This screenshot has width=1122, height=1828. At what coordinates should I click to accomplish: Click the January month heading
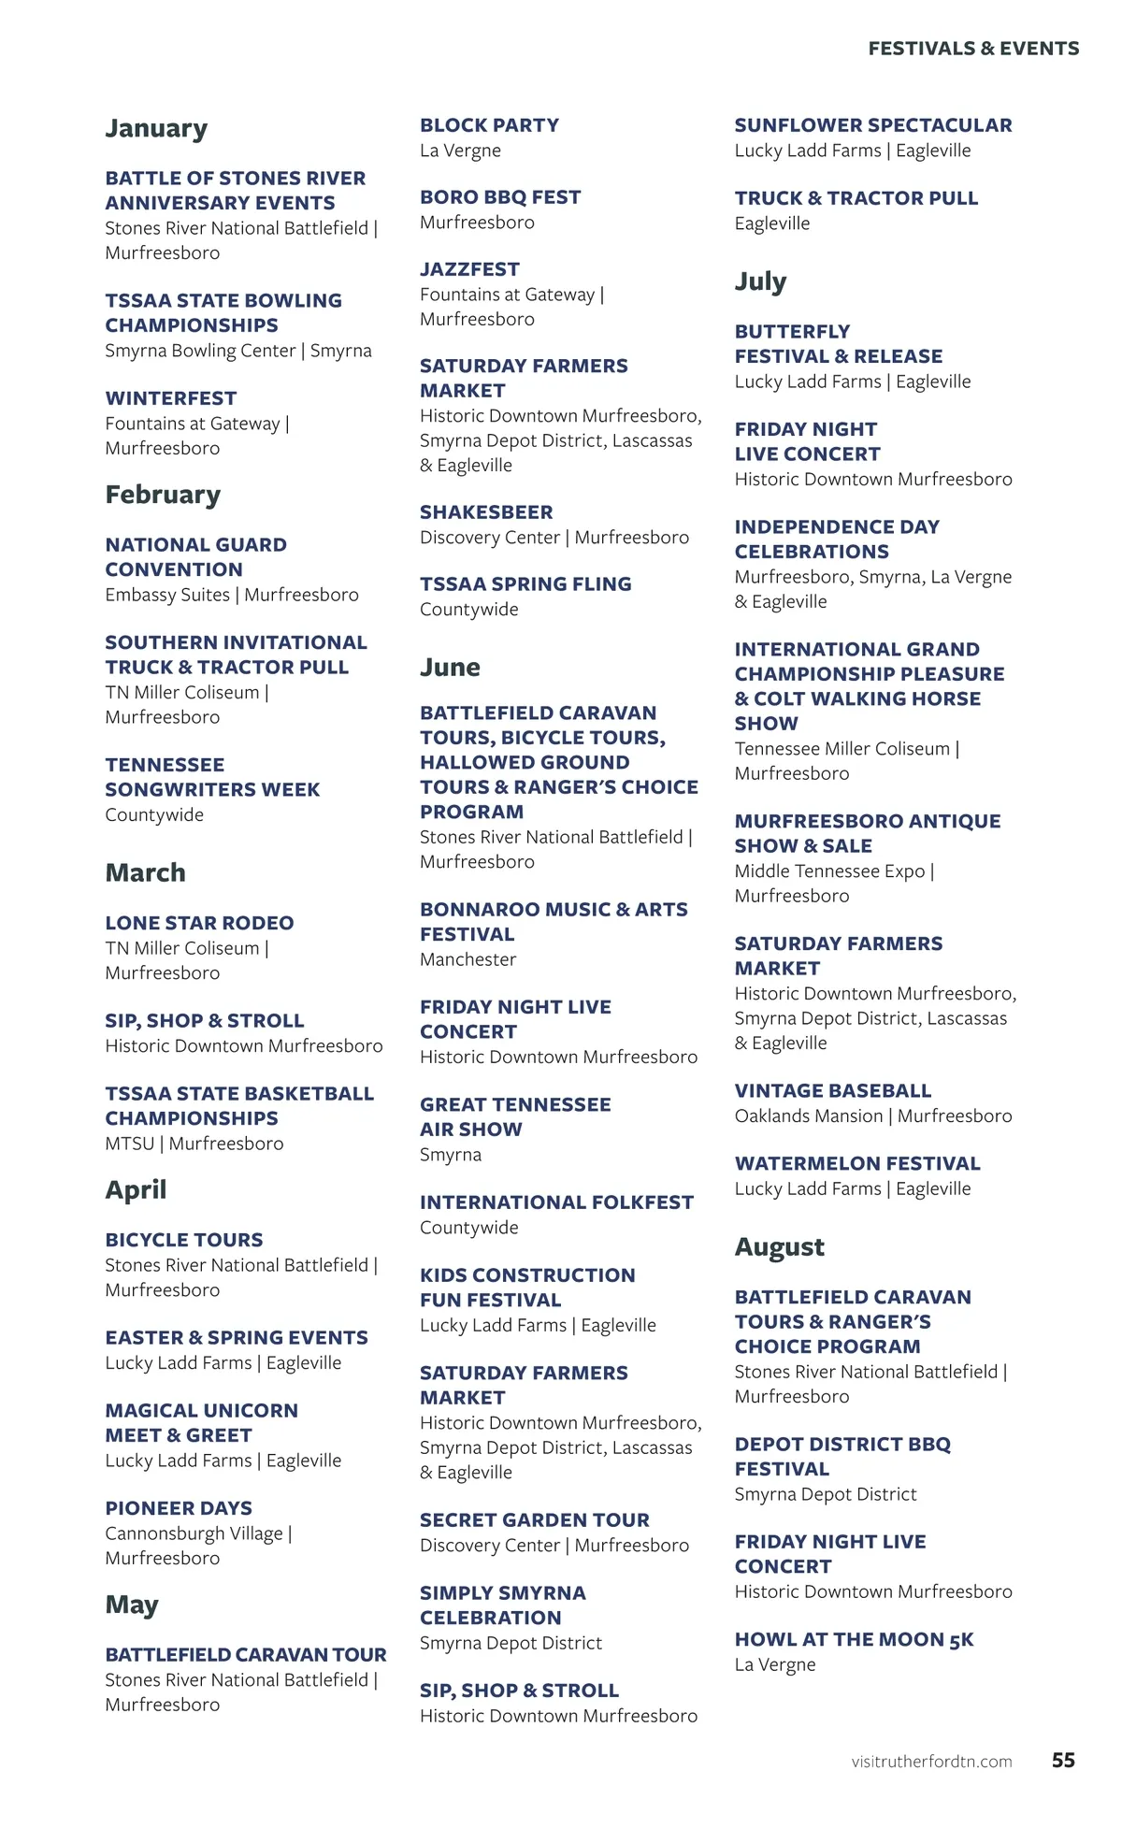click(x=156, y=128)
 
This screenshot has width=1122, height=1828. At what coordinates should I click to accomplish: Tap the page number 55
click(x=1063, y=1760)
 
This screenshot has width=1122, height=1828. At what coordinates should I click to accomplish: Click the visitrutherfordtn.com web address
click(x=931, y=1762)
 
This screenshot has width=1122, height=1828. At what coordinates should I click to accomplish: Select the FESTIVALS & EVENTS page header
click(x=973, y=49)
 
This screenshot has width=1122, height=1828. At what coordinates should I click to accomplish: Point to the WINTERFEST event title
click(x=171, y=398)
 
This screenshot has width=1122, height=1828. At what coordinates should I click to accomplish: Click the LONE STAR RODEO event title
click(x=199, y=923)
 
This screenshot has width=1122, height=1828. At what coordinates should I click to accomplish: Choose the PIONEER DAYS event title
click(x=179, y=1508)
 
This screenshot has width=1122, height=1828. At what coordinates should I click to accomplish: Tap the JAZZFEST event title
click(x=469, y=269)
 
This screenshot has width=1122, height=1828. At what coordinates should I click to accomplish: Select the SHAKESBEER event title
click(x=486, y=512)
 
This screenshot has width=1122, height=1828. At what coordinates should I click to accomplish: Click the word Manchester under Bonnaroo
click(x=467, y=959)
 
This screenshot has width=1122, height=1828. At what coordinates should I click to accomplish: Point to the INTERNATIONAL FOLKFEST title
click(x=556, y=1202)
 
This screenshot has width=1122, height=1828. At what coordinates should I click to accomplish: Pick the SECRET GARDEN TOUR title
click(x=534, y=1520)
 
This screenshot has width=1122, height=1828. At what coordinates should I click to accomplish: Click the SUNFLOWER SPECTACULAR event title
click(x=872, y=125)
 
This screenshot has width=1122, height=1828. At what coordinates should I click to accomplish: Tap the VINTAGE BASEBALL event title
click(x=832, y=1091)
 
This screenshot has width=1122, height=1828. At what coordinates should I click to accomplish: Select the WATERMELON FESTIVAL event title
click(x=857, y=1164)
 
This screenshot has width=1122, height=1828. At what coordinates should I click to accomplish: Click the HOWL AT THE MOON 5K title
click(x=854, y=1640)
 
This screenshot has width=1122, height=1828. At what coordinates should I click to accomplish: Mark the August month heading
click(x=779, y=1247)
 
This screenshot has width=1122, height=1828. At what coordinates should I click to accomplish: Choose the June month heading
click(x=450, y=668)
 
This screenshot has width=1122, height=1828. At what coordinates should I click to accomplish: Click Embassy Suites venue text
click(x=167, y=595)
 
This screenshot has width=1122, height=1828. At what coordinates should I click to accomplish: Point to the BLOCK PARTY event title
click(x=489, y=125)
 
